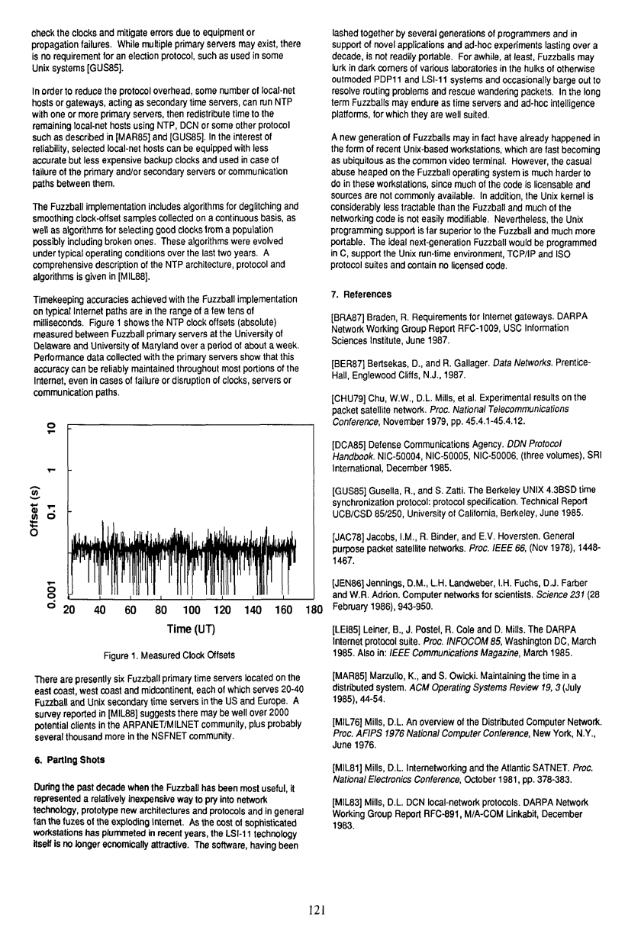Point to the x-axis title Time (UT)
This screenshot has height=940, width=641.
[191, 629]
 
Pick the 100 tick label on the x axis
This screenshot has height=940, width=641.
[192, 610]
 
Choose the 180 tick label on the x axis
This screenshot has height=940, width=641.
[314, 610]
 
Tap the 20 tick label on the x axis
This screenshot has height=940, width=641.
[69, 610]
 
